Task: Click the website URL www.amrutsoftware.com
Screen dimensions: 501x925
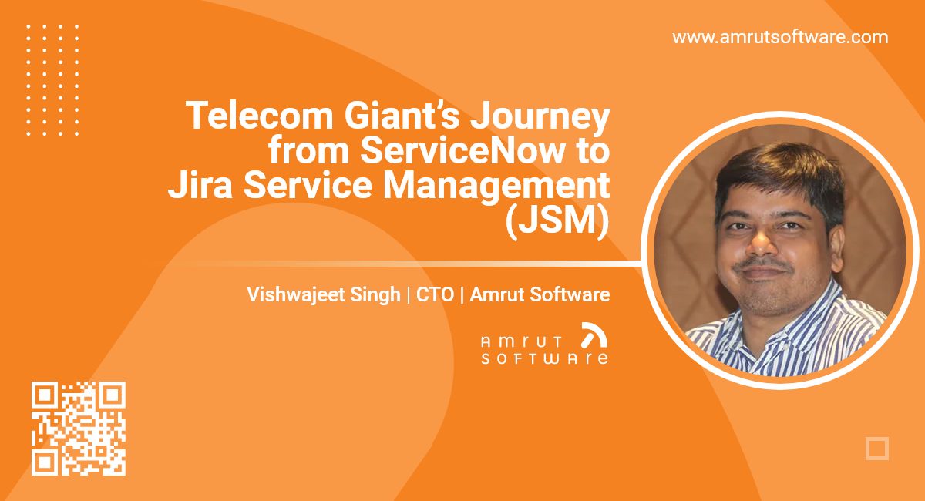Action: (x=780, y=37)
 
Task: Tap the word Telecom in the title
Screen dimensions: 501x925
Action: (x=244, y=116)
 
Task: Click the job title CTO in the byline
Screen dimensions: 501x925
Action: (x=435, y=294)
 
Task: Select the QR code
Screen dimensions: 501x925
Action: (x=78, y=429)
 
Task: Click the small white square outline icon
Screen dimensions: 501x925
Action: (x=877, y=449)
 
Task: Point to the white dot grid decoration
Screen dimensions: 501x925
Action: (x=52, y=79)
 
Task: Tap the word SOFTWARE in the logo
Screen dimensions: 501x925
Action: (x=544, y=358)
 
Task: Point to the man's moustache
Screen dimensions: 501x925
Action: (x=765, y=261)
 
